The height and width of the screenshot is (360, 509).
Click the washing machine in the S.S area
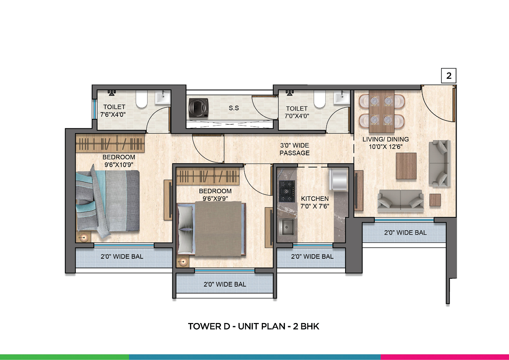(199, 108)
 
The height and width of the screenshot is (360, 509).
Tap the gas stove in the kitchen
(287, 191)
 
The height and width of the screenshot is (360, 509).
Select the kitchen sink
(287, 227)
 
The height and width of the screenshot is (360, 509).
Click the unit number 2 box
(448, 76)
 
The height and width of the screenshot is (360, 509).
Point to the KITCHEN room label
(315, 199)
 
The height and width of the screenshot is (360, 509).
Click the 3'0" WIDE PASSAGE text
(294, 149)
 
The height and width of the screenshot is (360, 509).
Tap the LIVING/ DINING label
(386, 139)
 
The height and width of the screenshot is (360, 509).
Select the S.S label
(233, 108)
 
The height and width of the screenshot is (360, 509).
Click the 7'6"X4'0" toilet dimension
(113, 114)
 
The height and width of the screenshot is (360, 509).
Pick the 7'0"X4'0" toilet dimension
(297, 116)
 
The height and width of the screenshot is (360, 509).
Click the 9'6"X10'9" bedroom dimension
(119, 165)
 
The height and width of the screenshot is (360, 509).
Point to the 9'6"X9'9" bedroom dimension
(215, 199)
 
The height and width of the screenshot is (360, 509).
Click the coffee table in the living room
(406, 166)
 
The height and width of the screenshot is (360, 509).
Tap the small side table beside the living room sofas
(435, 200)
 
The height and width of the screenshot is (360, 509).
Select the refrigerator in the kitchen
(339, 179)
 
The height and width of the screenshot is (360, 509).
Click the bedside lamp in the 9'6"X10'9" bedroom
(84, 237)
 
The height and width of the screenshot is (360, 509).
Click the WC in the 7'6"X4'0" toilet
(141, 99)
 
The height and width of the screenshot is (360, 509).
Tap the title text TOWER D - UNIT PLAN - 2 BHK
(253, 326)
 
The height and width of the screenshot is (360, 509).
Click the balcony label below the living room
(405, 232)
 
